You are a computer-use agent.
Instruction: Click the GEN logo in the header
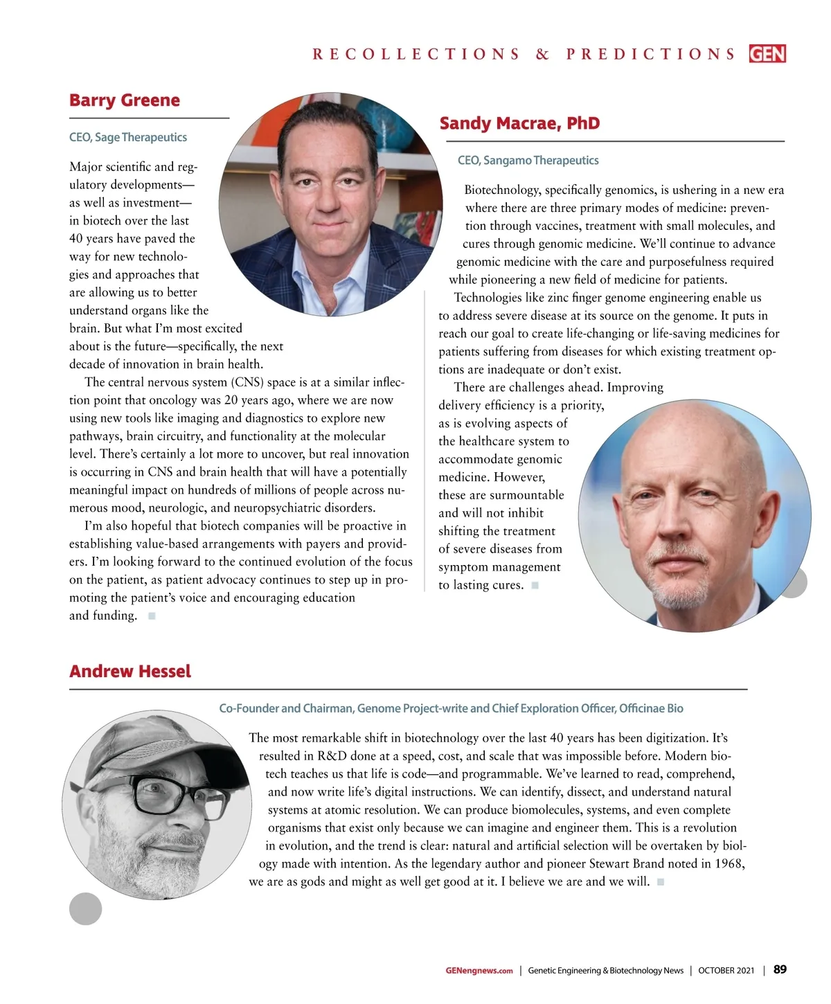767,53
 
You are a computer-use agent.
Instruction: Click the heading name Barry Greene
124,100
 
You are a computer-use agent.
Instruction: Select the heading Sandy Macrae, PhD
519,123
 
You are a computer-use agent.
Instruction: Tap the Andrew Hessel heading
130,671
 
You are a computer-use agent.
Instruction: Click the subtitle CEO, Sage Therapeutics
128,137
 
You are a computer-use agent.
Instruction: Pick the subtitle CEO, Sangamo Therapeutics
528,160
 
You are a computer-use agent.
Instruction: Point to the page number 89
780,969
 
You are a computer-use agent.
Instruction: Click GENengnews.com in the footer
479,970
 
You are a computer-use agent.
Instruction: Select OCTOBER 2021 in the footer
726,970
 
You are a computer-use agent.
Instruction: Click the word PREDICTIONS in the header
650,54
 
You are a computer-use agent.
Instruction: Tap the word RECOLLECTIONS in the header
415,54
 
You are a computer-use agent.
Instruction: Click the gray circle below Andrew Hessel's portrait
86,908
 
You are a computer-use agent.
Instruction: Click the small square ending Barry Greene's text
152,616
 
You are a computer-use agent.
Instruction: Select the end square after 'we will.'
661,881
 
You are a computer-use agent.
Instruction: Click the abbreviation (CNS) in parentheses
247,382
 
